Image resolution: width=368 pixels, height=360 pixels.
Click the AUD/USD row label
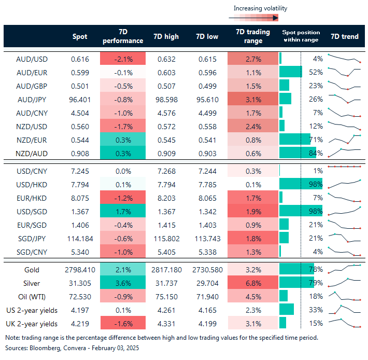pyautogui.click(x=32, y=59)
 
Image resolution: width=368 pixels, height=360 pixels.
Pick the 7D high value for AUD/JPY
pyautogui.click(x=166, y=99)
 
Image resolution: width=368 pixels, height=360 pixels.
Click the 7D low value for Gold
pyautogui.click(x=207, y=270)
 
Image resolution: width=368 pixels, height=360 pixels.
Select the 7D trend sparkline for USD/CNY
pyautogui.click(x=344, y=167)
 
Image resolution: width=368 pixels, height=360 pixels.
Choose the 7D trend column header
pyautogui.click(x=344, y=36)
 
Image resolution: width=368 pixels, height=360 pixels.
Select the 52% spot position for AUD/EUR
pyautogui.click(x=316, y=72)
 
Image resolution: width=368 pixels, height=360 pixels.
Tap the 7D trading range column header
pyautogui.click(x=252, y=36)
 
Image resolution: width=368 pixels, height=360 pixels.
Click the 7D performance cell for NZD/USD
pyautogui.click(x=123, y=126)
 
